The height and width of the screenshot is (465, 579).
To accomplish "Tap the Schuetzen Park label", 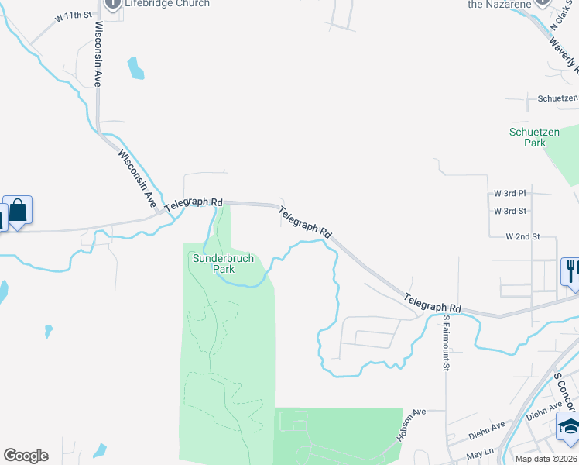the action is click(x=534, y=137).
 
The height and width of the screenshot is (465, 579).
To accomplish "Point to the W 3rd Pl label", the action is click(x=510, y=192).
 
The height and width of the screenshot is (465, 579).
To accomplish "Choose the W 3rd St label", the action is click(x=510, y=211).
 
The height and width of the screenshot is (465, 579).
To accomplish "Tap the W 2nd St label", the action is click(x=522, y=236).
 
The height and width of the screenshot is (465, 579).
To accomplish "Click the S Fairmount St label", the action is click(x=447, y=343).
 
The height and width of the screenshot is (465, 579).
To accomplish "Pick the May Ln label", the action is click(x=480, y=453).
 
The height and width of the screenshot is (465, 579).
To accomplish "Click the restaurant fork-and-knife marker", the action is click(x=571, y=272).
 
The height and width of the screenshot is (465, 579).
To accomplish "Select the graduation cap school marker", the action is click(x=568, y=426).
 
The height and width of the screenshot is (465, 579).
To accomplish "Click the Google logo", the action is click(x=26, y=456).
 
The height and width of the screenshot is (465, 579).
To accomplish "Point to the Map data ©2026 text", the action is click(x=546, y=459).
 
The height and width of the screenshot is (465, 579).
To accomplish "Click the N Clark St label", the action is click(x=560, y=17).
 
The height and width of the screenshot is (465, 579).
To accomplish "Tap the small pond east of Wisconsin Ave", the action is click(x=136, y=68).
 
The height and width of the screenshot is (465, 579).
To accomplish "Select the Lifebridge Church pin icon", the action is click(x=113, y=3).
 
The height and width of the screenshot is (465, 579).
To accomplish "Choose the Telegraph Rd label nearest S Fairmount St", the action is click(x=432, y=303).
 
